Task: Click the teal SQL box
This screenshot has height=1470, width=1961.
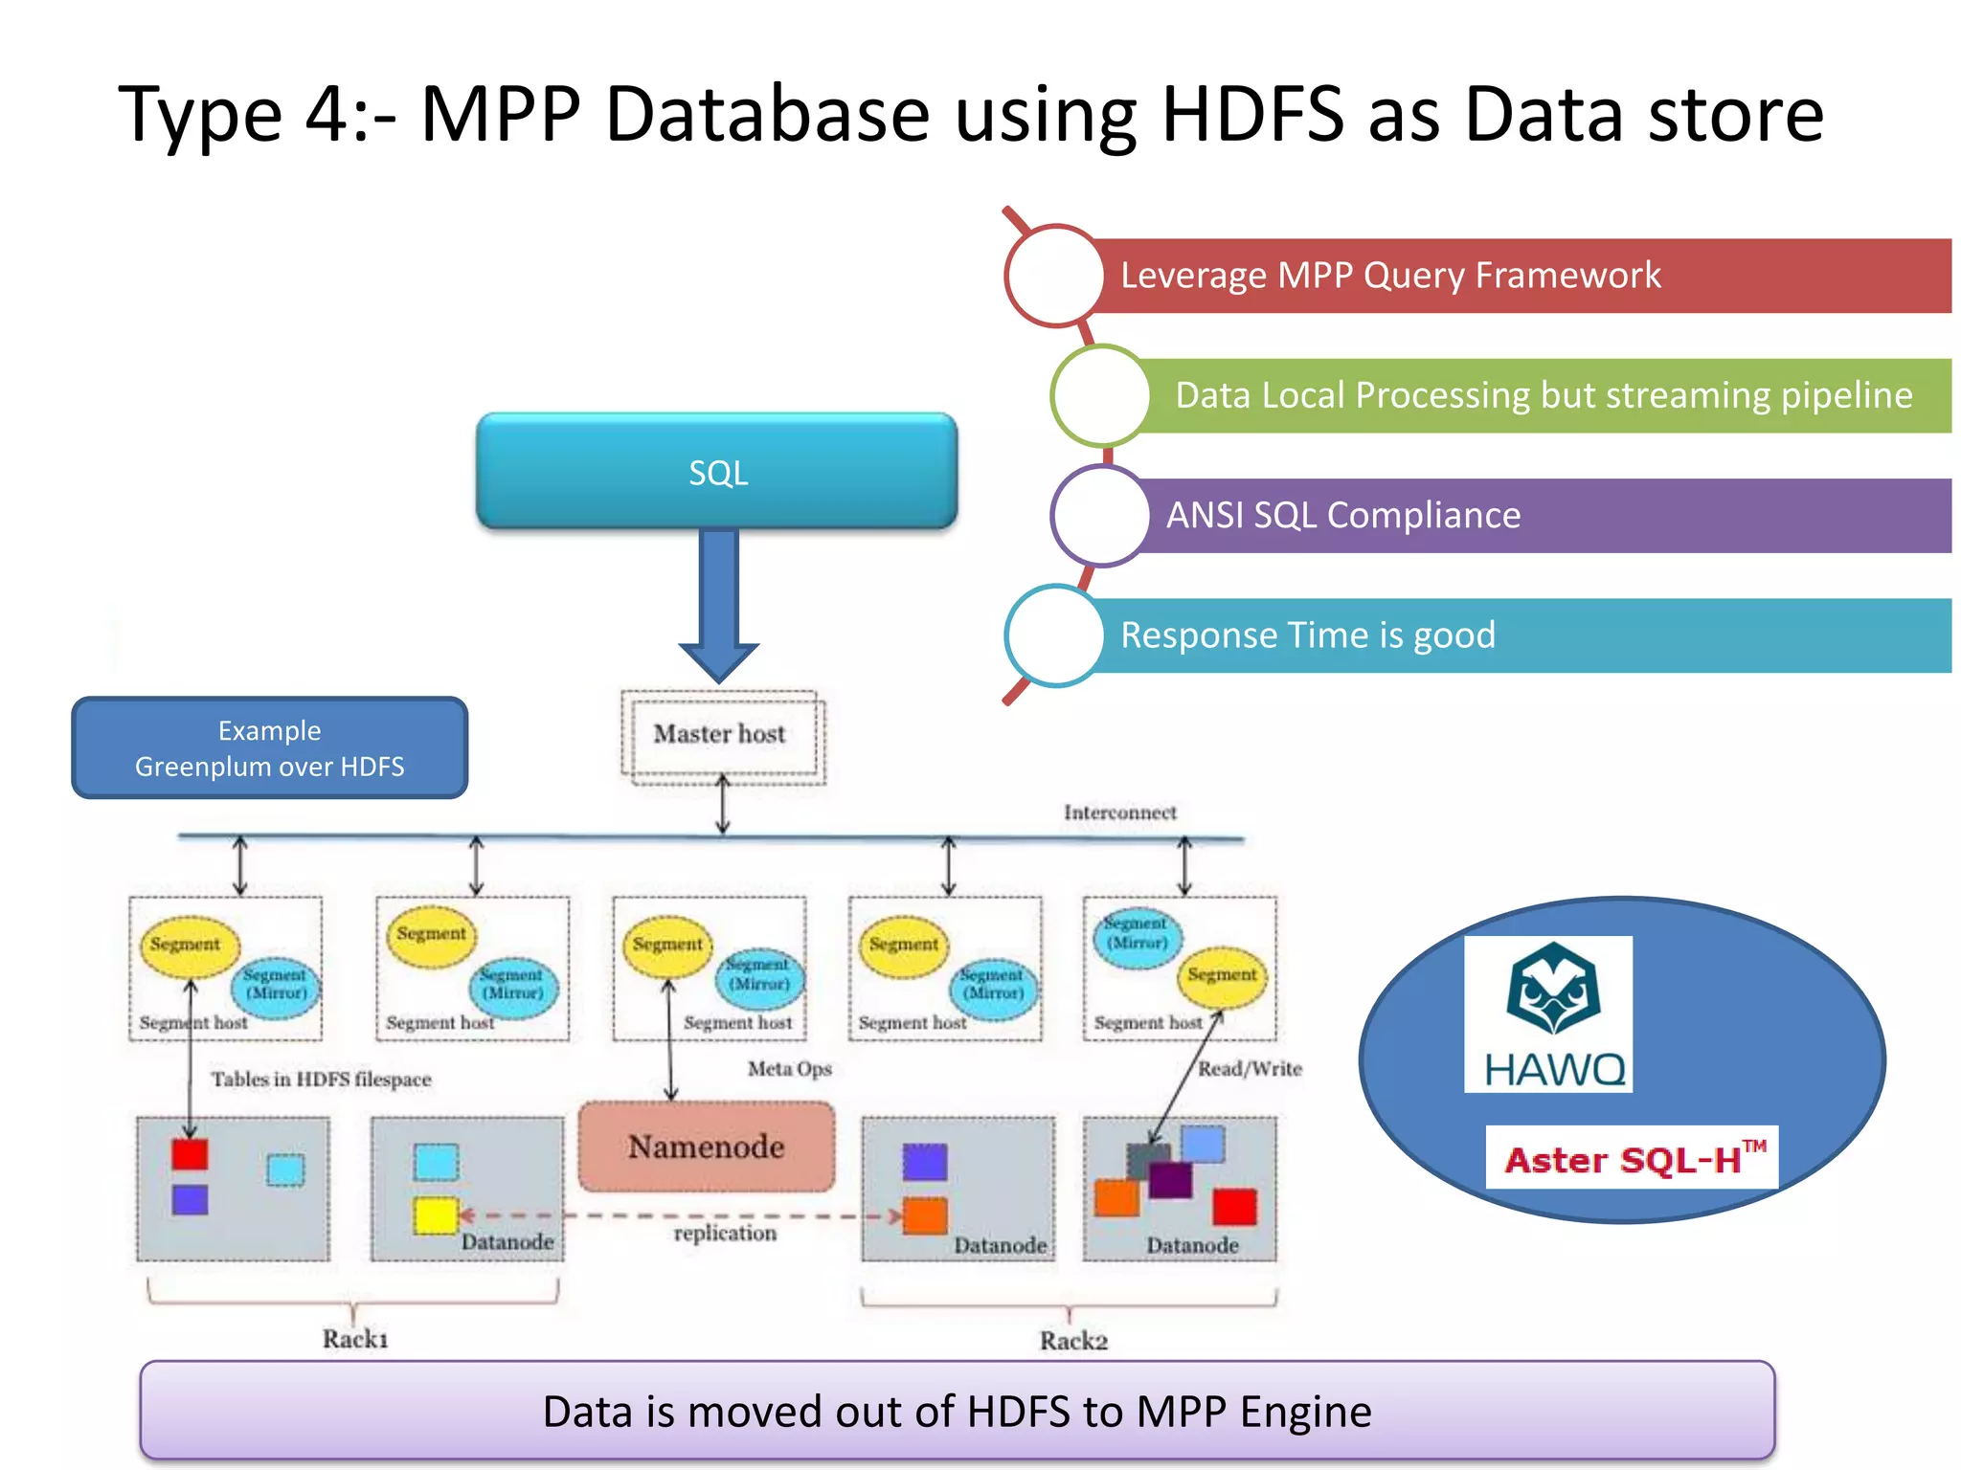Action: click(x=716, y=471)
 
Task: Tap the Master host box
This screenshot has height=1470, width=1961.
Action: click(x=721, y=735)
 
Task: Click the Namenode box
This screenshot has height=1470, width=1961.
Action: click(x=707, y=1147)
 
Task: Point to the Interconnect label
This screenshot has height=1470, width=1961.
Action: click(x=1119, y=813)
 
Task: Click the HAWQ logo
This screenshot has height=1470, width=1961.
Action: click(x=1548, y=1014)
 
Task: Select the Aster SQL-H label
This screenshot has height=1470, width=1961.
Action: click(x=1632, y=1159)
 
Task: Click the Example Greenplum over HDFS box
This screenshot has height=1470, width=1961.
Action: click(x=269, y=748)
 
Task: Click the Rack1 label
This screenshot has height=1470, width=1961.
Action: click(x=355, y=1339)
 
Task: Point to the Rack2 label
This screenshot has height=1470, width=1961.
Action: click(x=1073, y=1341)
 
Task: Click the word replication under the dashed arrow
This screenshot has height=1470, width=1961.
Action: click(x=725, y=1233)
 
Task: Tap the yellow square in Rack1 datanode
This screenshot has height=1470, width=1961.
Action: click(x=436, y=1215)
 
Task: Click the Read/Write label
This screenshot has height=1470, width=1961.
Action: click(x=1250, y=1069)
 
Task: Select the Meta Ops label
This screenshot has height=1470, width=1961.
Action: click(x=789, y=1069)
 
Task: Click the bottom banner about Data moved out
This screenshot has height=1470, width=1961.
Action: click(x=958, y=1412)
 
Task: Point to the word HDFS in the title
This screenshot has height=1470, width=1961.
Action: click(x=1251, y=115)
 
